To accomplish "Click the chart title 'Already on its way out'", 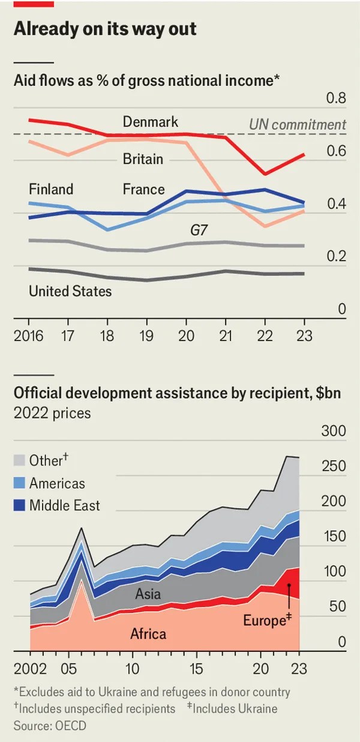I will [104, 29].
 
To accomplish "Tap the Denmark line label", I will [151, 122].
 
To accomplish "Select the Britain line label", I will [143, 159].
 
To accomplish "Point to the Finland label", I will [51, 189].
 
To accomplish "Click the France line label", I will [143, 189].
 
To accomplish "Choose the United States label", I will [70, 292].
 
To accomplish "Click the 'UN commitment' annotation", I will [298, 125].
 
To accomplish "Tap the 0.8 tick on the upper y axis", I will [335, 98].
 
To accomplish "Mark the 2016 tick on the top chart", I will [29, 336].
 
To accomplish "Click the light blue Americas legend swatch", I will [19, 483].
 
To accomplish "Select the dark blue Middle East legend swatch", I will [19, 505].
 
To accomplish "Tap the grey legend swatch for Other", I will [19, 460].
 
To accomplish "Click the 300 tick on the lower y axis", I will [334, 432].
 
